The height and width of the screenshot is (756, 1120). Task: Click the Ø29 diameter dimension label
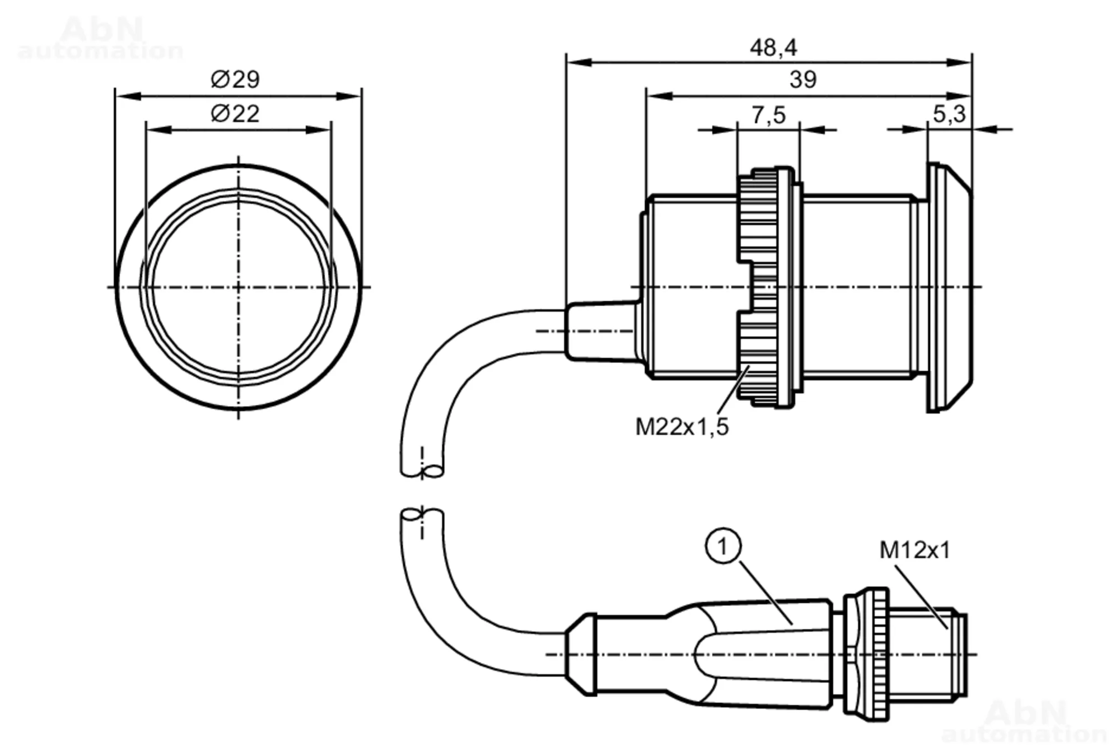[235, 80]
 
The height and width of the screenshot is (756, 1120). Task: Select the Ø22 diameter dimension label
[235, 114]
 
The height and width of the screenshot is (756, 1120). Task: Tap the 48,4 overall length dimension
[773, 48]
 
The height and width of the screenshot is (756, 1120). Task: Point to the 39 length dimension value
[803, 80]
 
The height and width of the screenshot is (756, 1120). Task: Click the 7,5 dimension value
[768, 115]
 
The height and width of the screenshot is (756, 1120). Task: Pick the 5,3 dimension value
[949, 114]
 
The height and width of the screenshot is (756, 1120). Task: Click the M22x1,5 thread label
[682, 427]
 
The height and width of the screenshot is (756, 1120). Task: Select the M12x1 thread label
[915, 550]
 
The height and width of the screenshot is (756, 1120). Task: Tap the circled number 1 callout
[723, 546]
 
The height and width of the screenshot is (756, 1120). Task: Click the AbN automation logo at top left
[101, 38]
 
